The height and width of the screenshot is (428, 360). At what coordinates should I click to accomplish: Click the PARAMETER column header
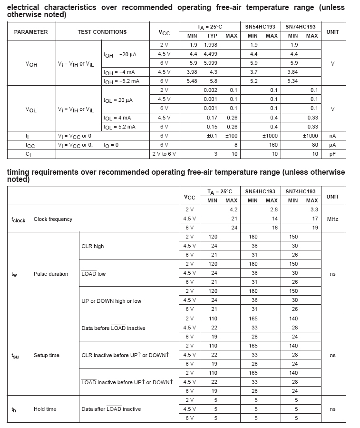(31, 32)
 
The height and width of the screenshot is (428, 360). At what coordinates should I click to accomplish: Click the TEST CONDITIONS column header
(102, 32)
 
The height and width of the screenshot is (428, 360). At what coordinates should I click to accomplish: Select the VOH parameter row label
(31, 64)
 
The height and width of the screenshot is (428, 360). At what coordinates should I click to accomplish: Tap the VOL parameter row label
(31, 109)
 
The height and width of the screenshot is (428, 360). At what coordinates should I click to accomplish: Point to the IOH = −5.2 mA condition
(121, 81)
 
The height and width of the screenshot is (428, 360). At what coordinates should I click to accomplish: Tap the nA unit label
(332, 136)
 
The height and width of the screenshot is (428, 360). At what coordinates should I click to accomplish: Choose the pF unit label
(332, 154)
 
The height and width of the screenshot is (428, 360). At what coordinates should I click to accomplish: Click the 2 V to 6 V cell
(164, 154)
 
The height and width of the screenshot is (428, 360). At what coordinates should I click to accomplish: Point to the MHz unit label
(332, 219)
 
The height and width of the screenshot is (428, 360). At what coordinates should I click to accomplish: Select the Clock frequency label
(53, 219)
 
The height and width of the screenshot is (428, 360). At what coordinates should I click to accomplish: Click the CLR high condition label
(92, 246)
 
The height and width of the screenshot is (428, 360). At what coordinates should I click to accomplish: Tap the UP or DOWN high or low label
(111, 301)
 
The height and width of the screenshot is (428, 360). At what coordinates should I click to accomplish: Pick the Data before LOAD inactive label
(113, 328)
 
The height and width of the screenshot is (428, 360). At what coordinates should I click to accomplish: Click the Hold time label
(45, 409)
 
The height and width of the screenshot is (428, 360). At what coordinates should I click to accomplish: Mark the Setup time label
(47, 355)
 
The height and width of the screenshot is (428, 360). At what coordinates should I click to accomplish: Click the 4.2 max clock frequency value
(234, 209)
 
